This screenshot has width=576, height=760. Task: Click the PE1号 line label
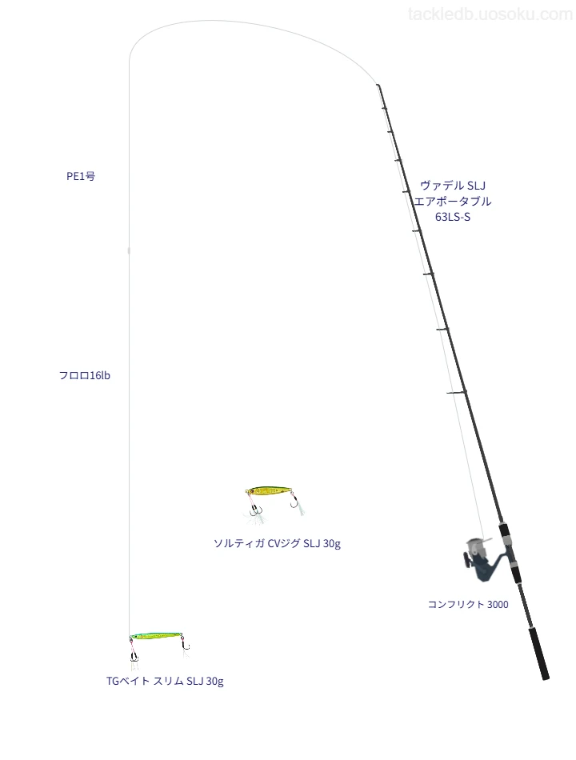tap(81, 176)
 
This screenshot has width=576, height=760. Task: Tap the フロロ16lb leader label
tap(84, 375)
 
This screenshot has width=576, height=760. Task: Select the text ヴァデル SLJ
tap(452, 185)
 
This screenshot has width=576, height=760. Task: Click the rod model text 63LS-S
tap(452, 217)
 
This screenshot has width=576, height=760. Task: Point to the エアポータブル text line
tap(452, 201)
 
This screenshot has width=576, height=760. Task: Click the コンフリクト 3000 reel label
tap(468, 604)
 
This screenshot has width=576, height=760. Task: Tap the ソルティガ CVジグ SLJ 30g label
tap(277, 543)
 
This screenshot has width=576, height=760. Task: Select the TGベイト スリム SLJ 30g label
tap(165, 681)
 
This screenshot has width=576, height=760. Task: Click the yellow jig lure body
tap(270, 491)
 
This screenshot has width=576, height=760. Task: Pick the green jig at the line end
tap(156, 635)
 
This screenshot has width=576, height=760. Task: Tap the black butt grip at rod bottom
tap(539, 654)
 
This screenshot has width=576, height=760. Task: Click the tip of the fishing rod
tap(378, 86)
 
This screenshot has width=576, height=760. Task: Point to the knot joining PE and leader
tap(129, 250)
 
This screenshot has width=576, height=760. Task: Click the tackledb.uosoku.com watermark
tap(490, 14)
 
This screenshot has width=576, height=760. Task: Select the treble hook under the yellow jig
tap(255, 510)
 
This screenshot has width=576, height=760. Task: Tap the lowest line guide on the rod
tap(457, 392)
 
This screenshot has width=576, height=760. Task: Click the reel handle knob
tap(467, 560)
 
